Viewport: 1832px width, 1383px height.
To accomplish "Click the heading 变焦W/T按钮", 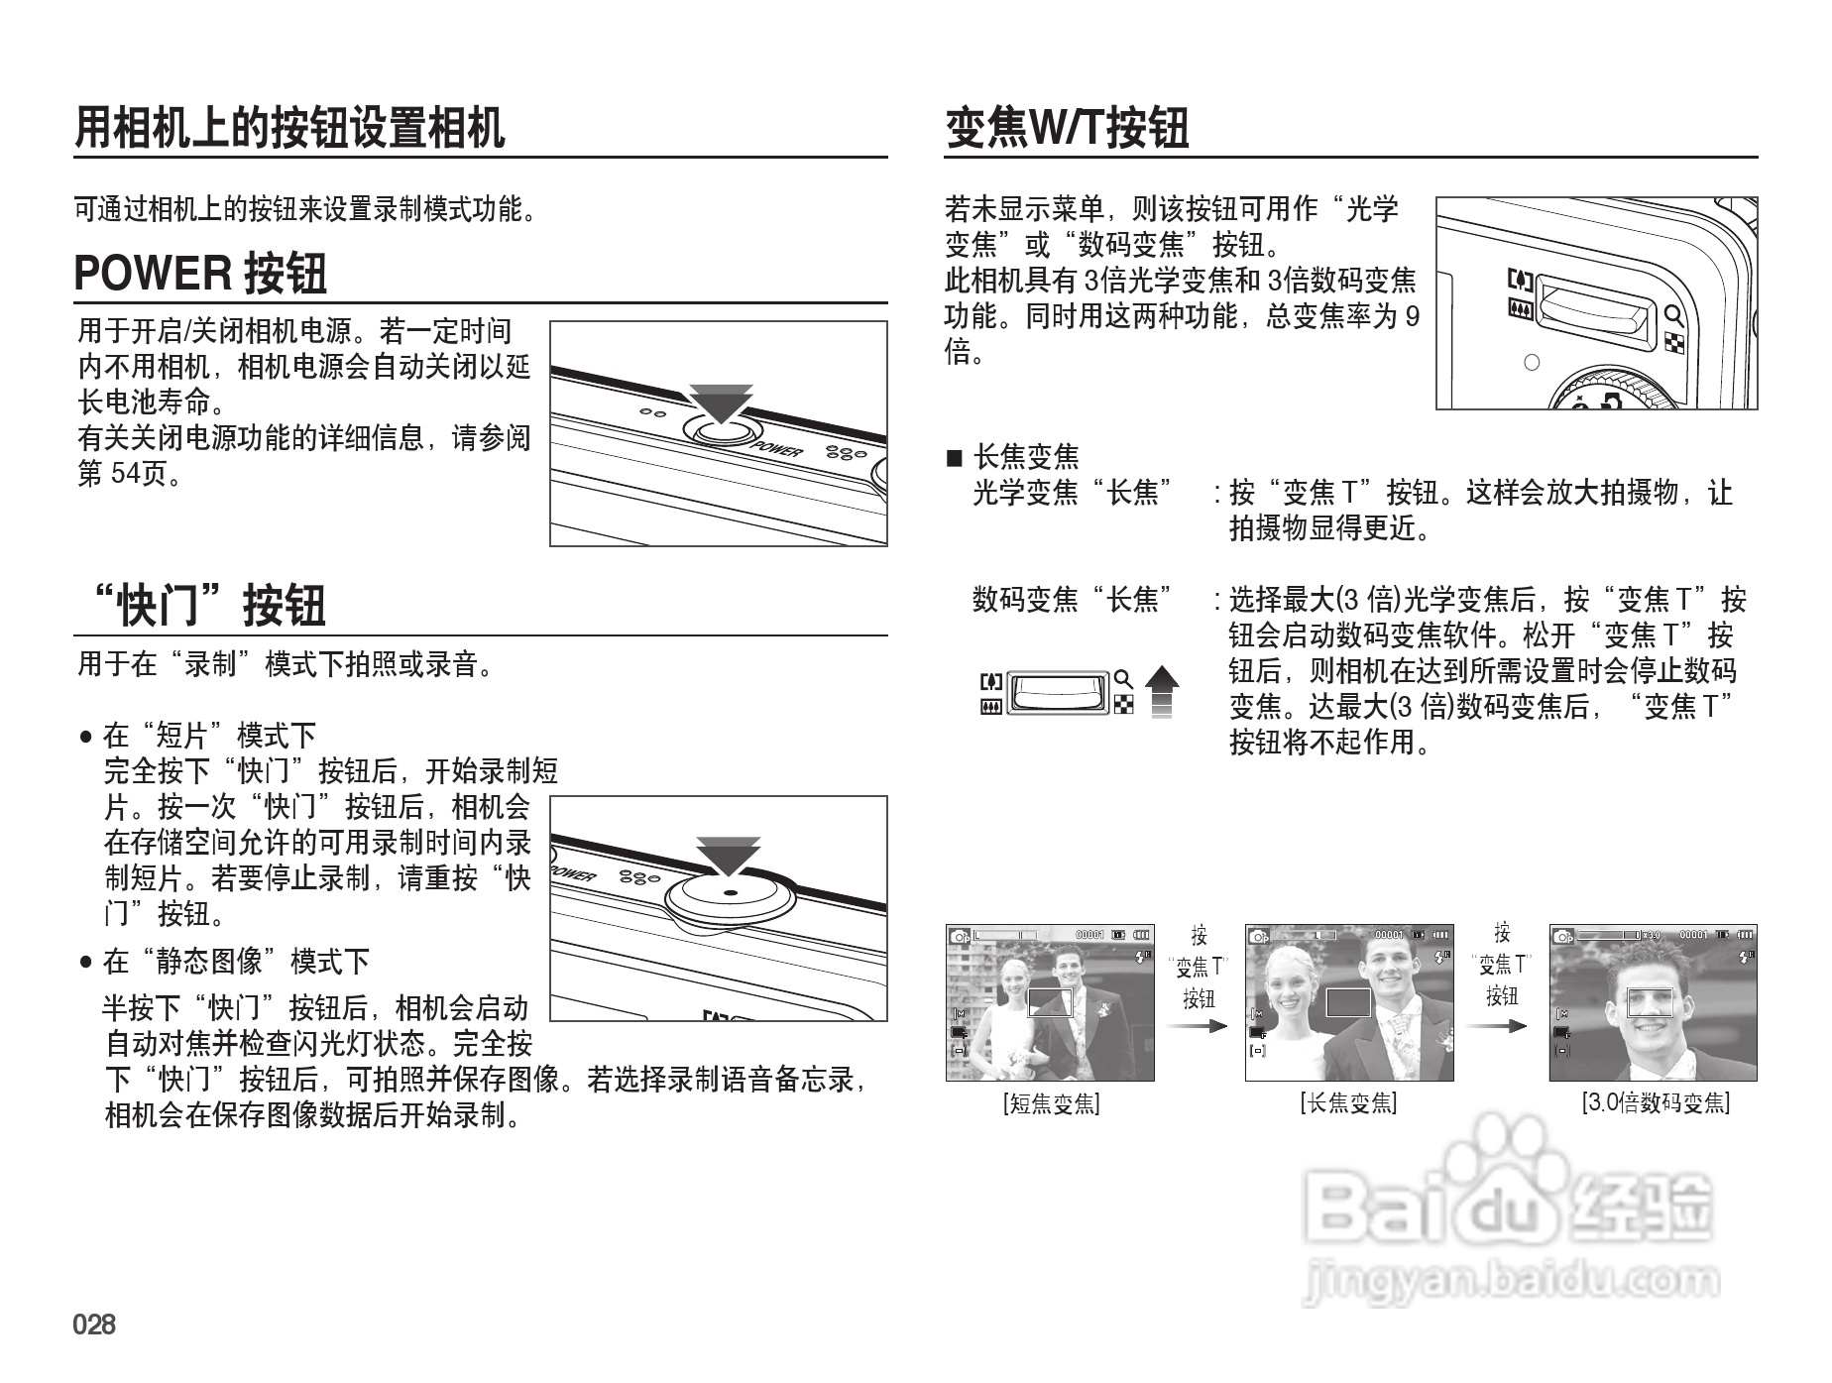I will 1067,128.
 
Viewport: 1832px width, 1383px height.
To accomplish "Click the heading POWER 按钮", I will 200,274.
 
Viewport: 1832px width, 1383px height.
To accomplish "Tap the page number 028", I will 94,1325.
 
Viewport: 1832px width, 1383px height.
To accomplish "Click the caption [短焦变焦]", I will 1051,1103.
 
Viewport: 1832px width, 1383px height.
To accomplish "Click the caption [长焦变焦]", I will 1348,1103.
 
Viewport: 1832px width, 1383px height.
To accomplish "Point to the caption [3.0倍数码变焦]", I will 1655,1103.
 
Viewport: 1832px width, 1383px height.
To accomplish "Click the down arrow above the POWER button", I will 721,403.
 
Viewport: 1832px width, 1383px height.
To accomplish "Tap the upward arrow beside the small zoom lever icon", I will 1162,691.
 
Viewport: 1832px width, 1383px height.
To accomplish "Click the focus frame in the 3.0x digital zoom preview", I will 1650,1003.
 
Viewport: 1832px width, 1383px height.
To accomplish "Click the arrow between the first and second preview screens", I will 1199,1027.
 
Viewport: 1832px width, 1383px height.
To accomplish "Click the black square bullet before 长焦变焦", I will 955,458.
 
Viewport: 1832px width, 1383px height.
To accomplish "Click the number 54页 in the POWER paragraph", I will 138,474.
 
